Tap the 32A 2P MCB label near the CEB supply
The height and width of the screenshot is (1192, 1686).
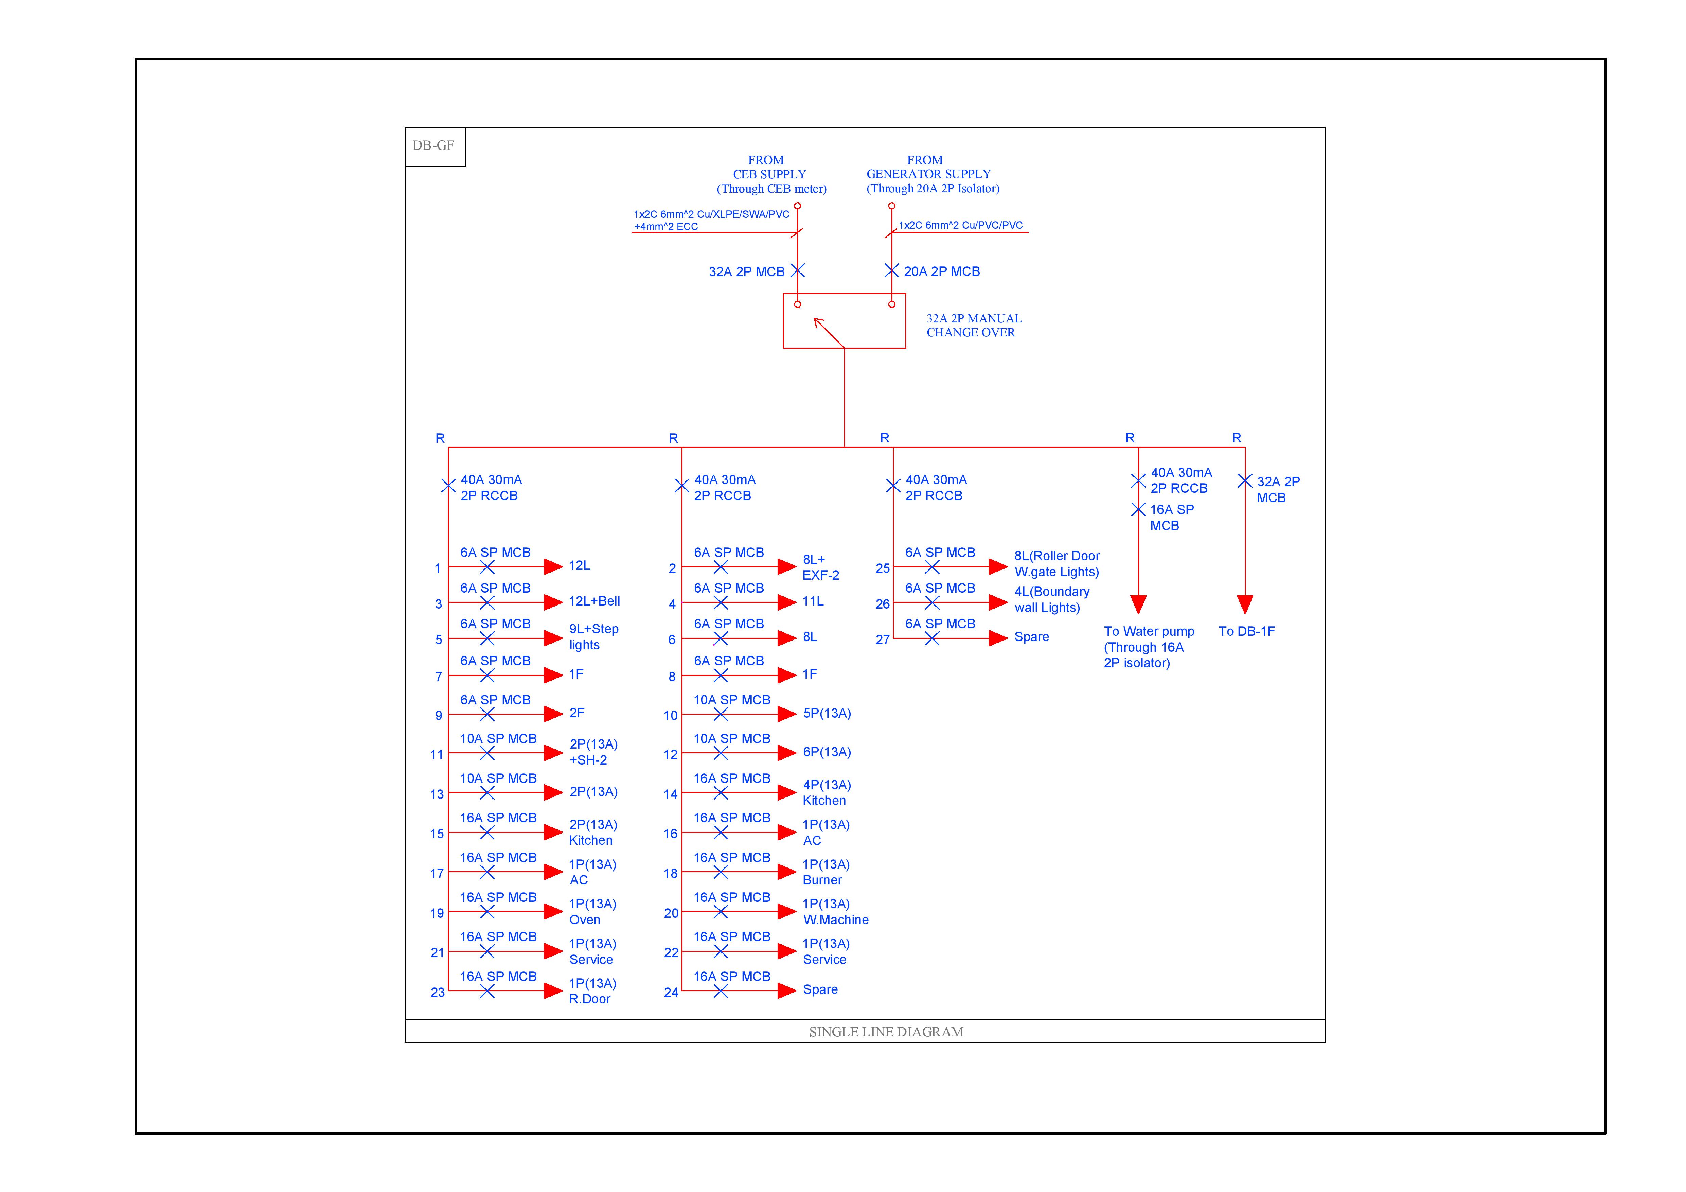click(746, 272)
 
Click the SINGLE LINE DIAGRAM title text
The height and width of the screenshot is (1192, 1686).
click(886, 1032)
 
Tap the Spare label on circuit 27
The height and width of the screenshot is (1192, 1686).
click(1031, 637)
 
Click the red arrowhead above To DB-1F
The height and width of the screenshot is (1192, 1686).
click(1245, 604)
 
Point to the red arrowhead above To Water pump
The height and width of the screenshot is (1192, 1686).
click(1138, 604)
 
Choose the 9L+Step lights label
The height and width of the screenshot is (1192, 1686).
click(593, 637)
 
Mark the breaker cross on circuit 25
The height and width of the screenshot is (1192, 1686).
click(932, 567)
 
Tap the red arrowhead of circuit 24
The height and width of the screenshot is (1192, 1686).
click(786, 991)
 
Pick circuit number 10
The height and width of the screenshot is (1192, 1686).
click(671, 715)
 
